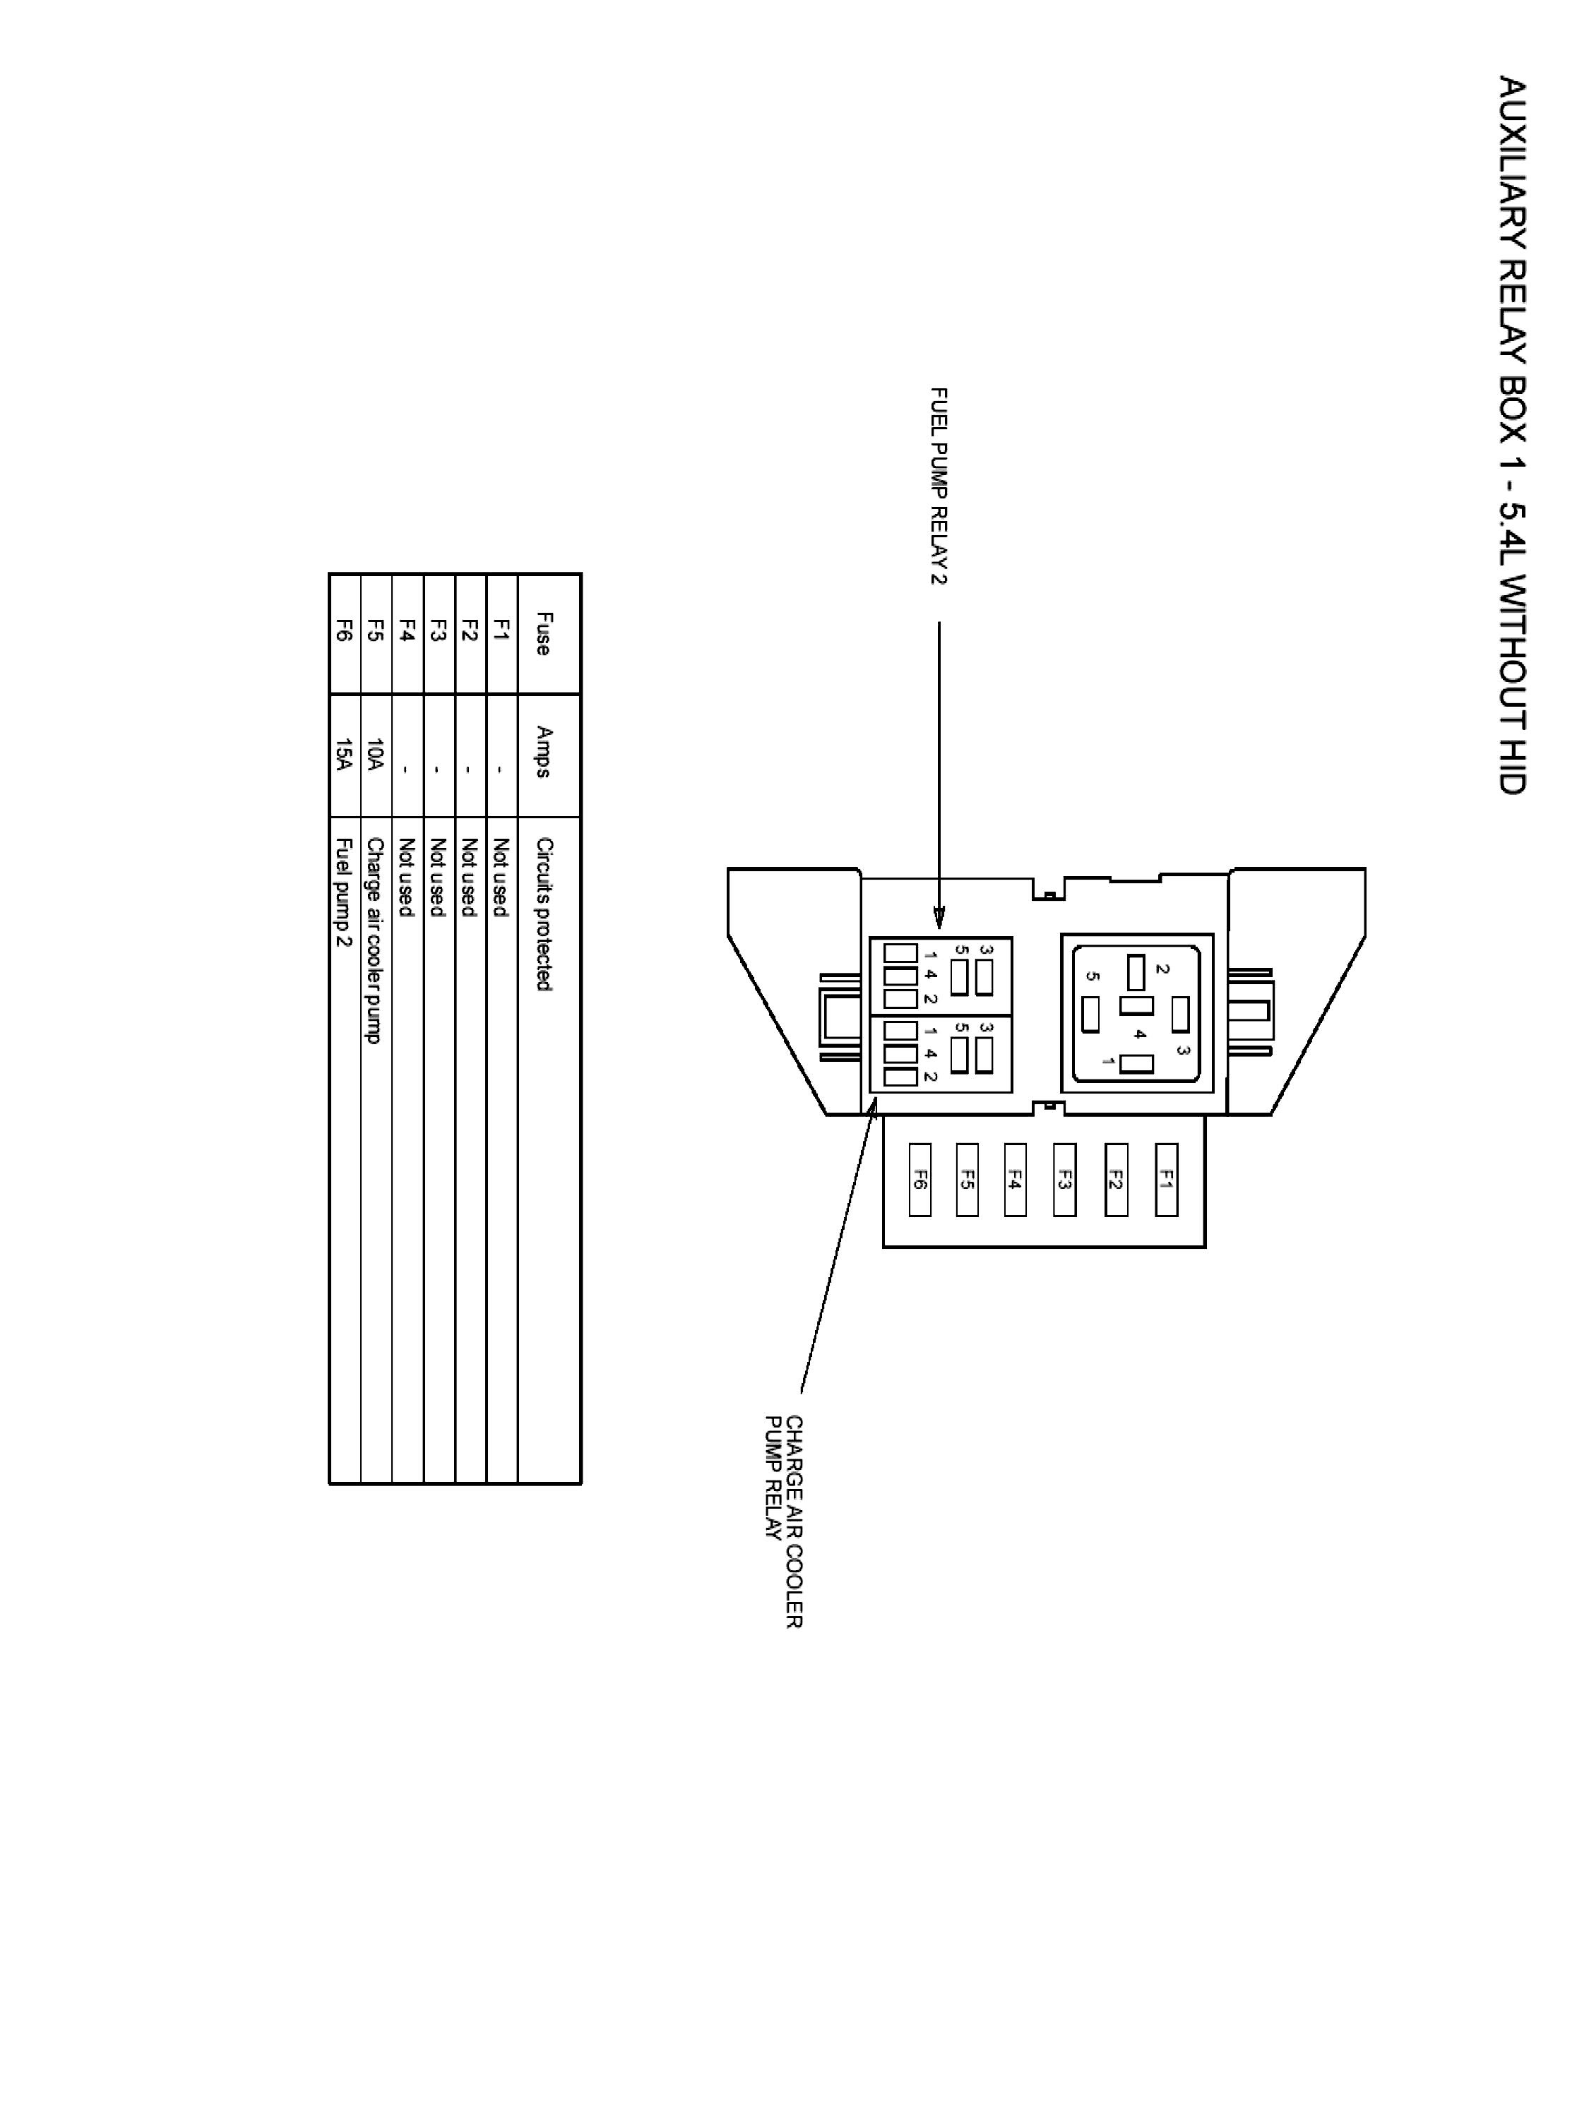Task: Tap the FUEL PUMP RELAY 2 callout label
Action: pyautogui.click(x=939, y=486)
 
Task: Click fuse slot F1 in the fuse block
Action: pyautogui.click(x=1166, y=1180)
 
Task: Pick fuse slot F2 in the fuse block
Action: pyautogui.click(x=1115, y=1180)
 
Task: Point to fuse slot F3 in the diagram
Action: pyautogui.click(x=1063, y=1180)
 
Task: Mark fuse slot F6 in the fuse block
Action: pyautogui.click(x=920, y=1180)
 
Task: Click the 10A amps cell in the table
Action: pyautogui.click(x=376, y=755)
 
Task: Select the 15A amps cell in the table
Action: pyautogui.click(x=344, y=755)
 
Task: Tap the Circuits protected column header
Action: pyautogui.click(x=544, y=914)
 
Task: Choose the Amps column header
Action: pyautogui.click(x=544, y=752)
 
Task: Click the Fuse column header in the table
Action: pyautogui.click(x=544, y=634)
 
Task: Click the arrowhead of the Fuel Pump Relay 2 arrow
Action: pyautogui.click(x=939, y=920)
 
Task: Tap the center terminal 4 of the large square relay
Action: pyautogui.click(x=1136, y=1006)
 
